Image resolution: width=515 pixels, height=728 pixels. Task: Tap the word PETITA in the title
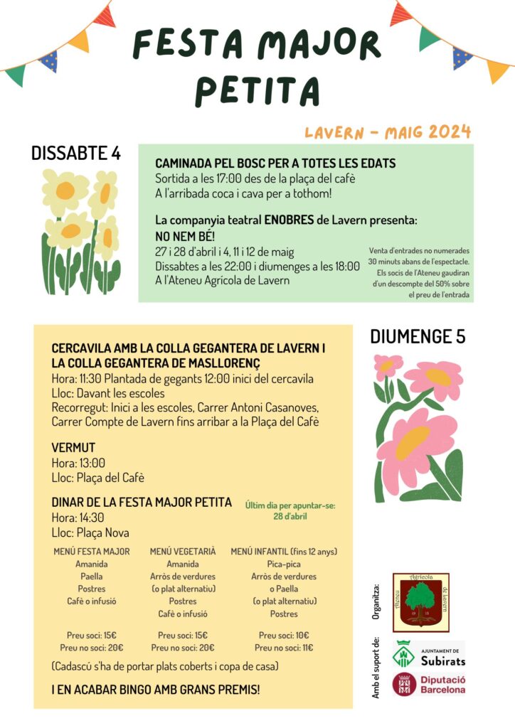point(257,90)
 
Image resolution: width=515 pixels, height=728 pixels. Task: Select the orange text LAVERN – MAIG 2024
point(388,132)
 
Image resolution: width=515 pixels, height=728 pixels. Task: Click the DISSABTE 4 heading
point(76,153)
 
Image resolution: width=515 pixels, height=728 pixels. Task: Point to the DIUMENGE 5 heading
point(418,336)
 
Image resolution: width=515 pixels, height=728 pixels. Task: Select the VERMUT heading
point(73,448)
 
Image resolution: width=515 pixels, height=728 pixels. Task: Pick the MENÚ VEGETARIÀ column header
point(183,552)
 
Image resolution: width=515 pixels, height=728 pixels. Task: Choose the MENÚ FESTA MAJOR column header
point(92,552)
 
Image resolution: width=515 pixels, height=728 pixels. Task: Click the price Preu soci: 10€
point(284,636)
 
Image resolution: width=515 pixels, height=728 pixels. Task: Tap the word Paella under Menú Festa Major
point(92,577)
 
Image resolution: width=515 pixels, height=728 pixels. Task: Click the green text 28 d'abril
point(290,516)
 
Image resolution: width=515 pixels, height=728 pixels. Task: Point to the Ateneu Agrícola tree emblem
point(420,601)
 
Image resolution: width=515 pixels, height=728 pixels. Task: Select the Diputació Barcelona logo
point(429,685)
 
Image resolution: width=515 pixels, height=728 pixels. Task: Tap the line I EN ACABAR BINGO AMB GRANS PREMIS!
point(156,690)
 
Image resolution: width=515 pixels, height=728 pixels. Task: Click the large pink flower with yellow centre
point(417,444)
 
